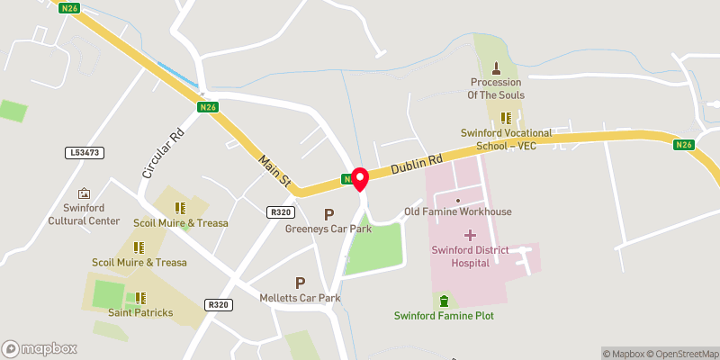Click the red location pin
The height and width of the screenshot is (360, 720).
tap(360, 178)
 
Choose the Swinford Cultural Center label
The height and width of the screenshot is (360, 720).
tap(84, 214)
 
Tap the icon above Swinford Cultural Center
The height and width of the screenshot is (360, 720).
tap(84, 193)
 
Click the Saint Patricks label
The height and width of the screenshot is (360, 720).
tap(139, 313)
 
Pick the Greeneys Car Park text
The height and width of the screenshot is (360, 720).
tap(328, 229)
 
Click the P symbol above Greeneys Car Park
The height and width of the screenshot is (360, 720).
tap(328, 214)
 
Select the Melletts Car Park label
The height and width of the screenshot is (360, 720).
tap(300, 298)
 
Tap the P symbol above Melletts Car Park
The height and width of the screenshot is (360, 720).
tap(300, 283)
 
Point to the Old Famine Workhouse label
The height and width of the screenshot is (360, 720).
tap(457, 211)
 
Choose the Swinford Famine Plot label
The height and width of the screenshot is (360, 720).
tap(444, 315)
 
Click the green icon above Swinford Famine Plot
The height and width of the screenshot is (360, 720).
tap(442, 300)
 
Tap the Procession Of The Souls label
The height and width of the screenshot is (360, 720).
tap(495, 88)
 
